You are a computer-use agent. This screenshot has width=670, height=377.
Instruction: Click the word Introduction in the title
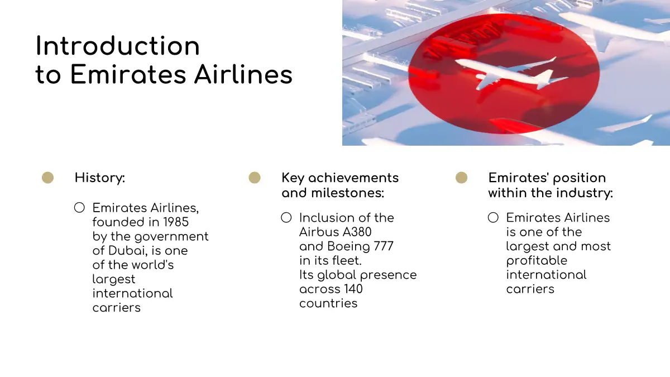118,46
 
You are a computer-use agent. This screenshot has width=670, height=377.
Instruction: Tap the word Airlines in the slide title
243,74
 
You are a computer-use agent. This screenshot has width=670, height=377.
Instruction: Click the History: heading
100,178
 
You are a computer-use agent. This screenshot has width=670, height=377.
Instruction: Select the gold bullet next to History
47,178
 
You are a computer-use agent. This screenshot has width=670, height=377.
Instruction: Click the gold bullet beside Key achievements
255,178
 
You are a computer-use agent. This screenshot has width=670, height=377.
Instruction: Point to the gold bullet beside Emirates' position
462,178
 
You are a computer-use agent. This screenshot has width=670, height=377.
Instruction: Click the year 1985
176,222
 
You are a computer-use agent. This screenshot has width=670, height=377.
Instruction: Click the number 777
384,246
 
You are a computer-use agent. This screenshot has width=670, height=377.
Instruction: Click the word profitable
537,261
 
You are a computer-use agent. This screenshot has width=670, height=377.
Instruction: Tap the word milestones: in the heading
347,193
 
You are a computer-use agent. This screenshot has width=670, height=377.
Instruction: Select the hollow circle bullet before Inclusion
286,217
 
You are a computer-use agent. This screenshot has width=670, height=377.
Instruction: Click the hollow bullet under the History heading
79,208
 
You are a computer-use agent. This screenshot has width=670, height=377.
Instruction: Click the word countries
328,303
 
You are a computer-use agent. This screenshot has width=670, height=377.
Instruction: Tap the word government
171,237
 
